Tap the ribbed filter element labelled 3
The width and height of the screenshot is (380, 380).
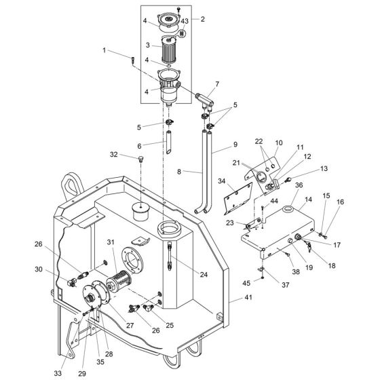pyautogui.click(x=168, y=48)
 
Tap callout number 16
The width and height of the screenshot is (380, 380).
pyautogui.click(x=341, y=202)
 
